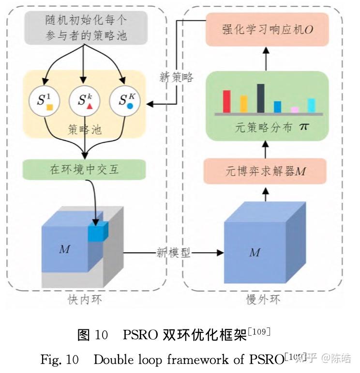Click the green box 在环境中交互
[84, 170]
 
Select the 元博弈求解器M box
[265, 171]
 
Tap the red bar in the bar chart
[226, 101]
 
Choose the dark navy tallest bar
[261, 98]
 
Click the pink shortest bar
[294, 110]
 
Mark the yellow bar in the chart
[243, 104]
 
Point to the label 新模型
[173, 252]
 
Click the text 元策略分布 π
[271, 128]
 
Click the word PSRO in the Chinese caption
[140, 335]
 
